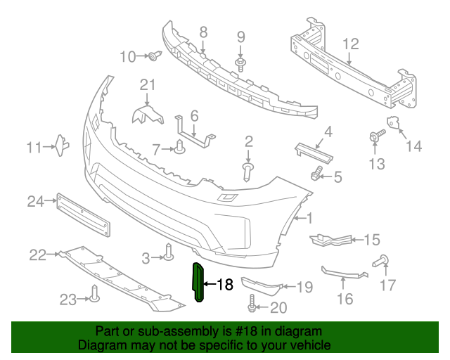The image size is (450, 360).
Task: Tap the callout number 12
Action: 350,44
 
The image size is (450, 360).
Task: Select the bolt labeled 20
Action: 251,307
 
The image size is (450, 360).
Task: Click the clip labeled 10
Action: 153,56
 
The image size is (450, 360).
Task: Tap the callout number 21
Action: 146,85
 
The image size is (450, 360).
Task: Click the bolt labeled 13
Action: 375,136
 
